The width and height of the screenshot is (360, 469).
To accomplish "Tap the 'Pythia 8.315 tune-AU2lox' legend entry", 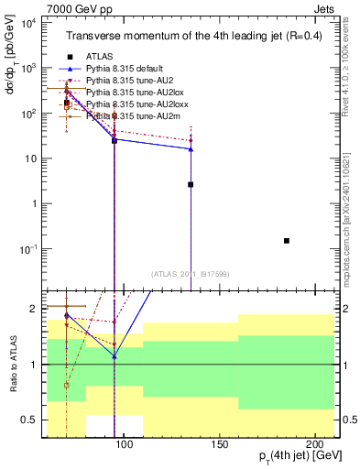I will [138, 93].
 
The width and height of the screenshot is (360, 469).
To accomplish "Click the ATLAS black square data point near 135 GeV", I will [191, 184].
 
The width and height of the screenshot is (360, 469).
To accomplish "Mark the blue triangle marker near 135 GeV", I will [191, 148].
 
